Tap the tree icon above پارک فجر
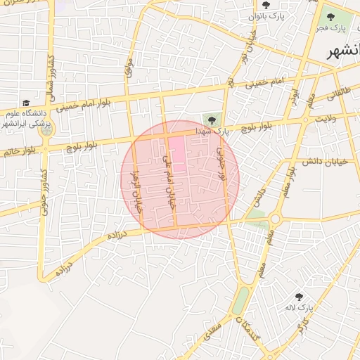click(330, 17)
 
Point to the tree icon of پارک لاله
click(300, 297)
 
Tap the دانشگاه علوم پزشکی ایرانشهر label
click(32, 119)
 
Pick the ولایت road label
click(327, 119)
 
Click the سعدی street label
click(212, 327)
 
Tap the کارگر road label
click(302, 326)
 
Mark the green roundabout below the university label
click(46, 130)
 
